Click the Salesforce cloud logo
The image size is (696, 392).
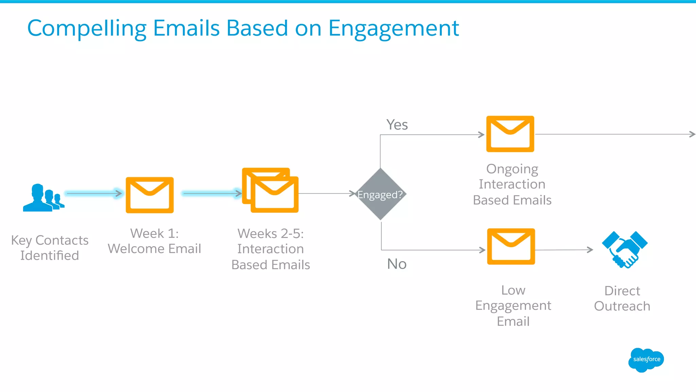[646, 360]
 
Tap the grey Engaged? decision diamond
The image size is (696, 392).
[380, 194]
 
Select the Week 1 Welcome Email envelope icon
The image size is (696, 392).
[150, 195]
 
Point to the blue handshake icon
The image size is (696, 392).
[625, 250]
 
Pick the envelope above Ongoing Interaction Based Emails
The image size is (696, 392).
[510, 134]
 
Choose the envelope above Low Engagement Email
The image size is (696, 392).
[511, 246]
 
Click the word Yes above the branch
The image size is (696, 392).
[397, 125]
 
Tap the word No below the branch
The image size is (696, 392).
[397, 264]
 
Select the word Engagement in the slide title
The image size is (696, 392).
[394, 29]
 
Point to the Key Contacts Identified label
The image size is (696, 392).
[50, 248]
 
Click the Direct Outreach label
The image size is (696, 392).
[622, 299]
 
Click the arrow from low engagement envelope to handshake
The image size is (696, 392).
[564, 250]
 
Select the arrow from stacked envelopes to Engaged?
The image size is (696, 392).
[327, 193]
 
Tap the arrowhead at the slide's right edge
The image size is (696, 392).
[692, 134]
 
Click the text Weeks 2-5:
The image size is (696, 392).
[271, 234]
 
